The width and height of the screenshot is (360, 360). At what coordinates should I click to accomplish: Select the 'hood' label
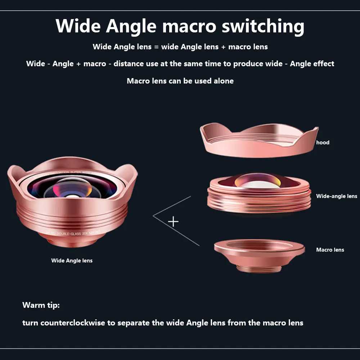pos(323,143)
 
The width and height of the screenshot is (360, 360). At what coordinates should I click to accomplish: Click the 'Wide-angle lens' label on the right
pos(336,196)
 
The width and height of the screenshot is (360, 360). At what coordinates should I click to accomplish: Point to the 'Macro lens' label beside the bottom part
pos(330,250)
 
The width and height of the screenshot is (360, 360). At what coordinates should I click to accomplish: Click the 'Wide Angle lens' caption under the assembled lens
pos(72,261)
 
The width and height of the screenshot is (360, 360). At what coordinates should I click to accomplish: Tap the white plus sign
pos(173,221)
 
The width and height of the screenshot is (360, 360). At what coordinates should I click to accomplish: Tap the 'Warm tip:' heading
pos(41,305)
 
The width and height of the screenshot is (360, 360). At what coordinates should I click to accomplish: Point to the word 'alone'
pos(224,81)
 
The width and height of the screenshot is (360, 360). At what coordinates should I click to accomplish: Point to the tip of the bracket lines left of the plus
pos(154,216)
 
